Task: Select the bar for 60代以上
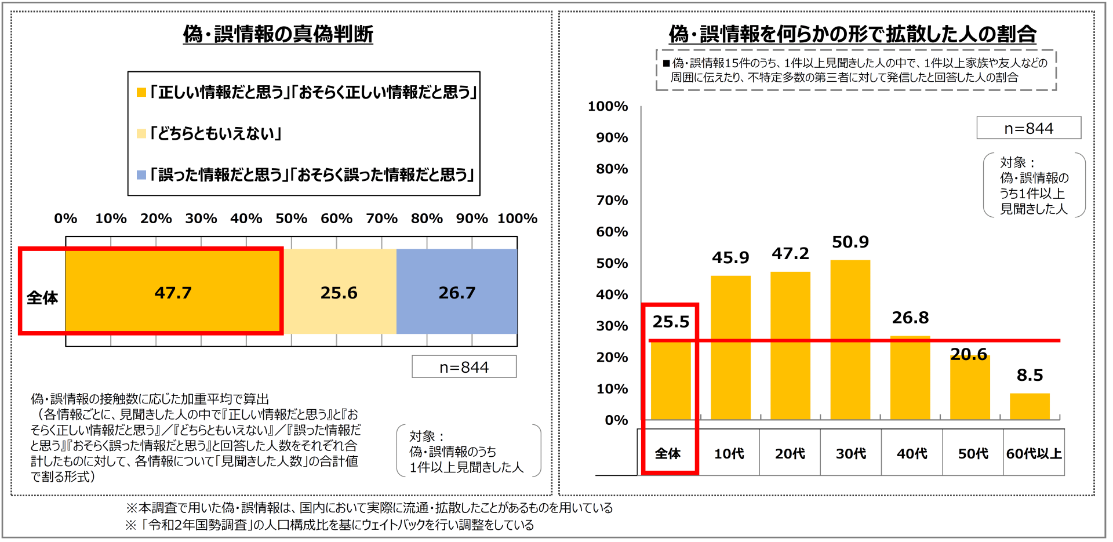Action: [1030, 406]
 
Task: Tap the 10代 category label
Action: [729, 453]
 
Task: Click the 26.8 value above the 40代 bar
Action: [910, 318]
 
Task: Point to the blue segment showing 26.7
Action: [457, 292]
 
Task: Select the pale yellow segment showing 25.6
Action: [339, 292]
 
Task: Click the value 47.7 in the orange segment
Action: [173, 292]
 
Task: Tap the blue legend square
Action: [141, 174]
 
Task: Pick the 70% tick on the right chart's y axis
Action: [612, 201]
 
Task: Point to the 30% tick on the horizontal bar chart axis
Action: [201, 219]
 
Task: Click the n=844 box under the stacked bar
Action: [464, 367]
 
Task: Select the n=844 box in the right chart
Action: [1028, 128]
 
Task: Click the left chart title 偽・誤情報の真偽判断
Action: [278, 34]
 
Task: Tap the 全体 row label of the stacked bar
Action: [42, 297]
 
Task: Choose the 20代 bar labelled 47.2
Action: [790, 345]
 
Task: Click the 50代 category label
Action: [973, 453]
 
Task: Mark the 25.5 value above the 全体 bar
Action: [671, 322]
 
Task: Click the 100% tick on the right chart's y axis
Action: [608, 107]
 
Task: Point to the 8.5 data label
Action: [1030, 375]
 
